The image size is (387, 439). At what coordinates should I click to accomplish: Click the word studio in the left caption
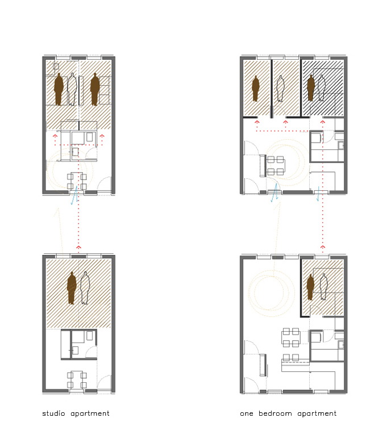[53, 413]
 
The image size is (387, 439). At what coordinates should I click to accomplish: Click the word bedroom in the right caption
[275, 413]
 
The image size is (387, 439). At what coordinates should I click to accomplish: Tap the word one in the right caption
[246, 414]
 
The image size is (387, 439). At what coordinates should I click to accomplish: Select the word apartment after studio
[90, 414]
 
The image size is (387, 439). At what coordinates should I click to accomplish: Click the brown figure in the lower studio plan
[72, 288]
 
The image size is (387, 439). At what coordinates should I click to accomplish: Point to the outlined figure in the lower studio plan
[85, 288]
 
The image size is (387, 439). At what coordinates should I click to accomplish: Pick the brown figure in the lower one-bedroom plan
[310, 287]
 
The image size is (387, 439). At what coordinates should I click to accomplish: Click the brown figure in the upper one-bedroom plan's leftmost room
[255, 89]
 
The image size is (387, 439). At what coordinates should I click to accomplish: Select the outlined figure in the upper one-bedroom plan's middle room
[280, 89]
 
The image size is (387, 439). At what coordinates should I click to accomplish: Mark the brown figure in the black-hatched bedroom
[310, 88]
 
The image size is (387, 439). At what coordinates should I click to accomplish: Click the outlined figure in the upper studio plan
[73, 89]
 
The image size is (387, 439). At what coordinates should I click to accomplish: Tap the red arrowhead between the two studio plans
[79, 247]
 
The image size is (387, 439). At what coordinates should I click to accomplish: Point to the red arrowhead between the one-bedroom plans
[323, 246]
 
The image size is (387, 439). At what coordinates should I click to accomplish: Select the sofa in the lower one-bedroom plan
[263, 365]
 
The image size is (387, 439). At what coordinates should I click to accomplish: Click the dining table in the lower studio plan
[77, 379]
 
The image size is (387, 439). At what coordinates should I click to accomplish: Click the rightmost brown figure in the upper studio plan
[95, 89]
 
